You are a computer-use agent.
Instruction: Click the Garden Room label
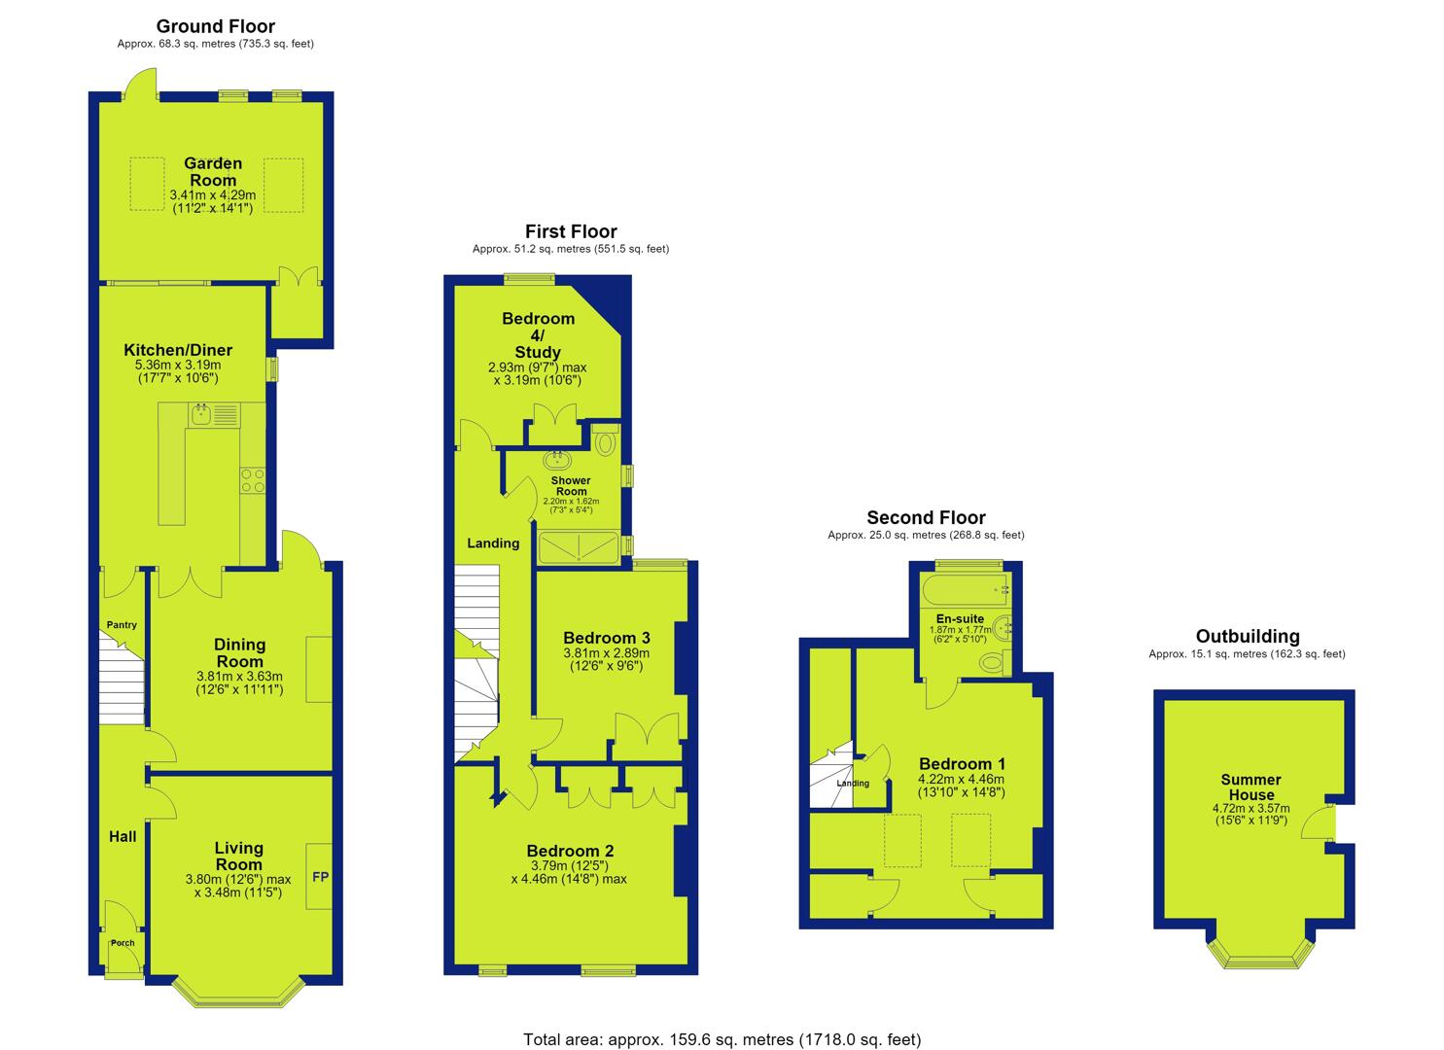pos(213,171)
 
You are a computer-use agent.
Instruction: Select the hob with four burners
pos(253,481)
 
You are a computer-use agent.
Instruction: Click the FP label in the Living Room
pos(320,877)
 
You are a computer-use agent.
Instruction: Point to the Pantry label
pos(122,624)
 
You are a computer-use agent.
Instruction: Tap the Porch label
pos(123,943)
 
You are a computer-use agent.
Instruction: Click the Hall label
pos(123,837)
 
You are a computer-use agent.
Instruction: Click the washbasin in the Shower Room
pos(557,460)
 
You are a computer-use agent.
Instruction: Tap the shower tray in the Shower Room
pos(579,548)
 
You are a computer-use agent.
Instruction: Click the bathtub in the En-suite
pos(965,590)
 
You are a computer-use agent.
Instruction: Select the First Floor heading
pos(571,231)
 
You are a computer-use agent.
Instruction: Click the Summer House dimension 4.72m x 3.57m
pos(1250,808)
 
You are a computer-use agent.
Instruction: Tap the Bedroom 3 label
pos(607,638)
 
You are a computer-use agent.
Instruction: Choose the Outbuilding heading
pos(1248,636)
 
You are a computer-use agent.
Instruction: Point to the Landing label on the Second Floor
pos(853,784)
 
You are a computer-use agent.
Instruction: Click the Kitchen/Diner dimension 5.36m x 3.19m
pos(178,365)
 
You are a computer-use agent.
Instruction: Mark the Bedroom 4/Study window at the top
pos(529,278)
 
